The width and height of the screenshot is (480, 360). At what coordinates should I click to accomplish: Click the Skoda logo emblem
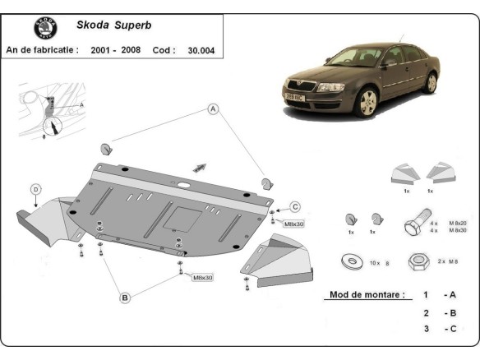point(45,29)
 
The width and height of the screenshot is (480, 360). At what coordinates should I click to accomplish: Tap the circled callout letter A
point(213,108)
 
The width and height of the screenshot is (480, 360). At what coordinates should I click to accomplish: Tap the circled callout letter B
point(125,298)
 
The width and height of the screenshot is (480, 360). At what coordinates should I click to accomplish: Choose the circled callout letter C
point(295,206)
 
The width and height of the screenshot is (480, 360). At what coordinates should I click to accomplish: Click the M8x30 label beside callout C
point(294,224)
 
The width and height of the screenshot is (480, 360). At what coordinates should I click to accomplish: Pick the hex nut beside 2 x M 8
point(417,261)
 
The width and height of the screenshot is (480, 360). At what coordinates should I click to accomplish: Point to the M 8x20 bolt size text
point(457,223)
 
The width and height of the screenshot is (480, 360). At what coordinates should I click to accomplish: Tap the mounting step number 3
point(426,329)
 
